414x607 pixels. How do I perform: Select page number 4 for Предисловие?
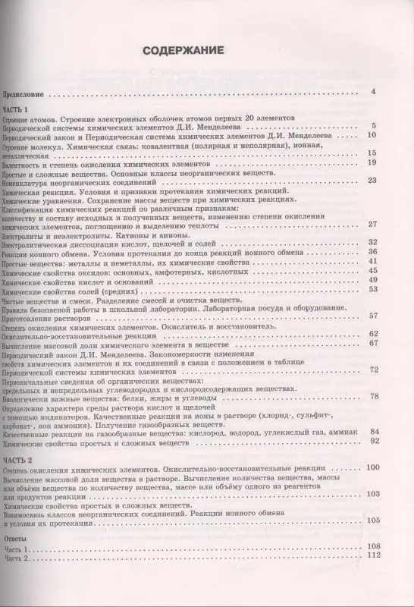tap(374, 93)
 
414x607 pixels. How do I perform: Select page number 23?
tap(372, 181)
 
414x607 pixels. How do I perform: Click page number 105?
tap(371, 543)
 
